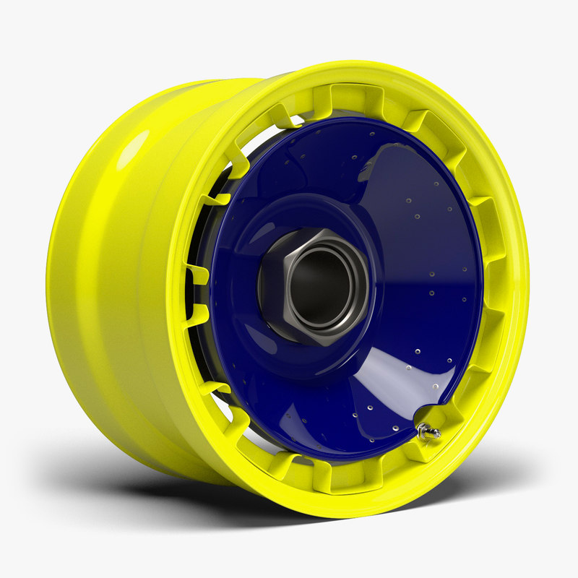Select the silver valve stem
[x=428, y=432]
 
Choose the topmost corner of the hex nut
[x=321, y=230]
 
